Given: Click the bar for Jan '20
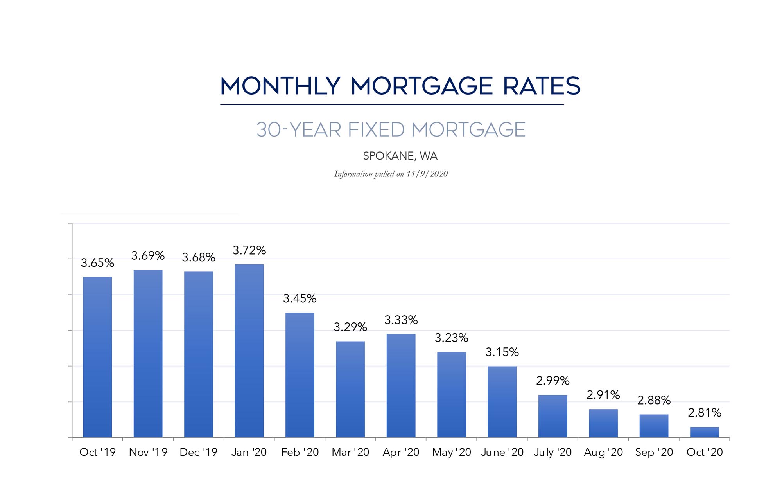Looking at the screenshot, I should pos(249,351).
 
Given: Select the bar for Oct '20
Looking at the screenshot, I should pos(704,432).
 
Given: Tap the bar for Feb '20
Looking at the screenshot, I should pos(300,375).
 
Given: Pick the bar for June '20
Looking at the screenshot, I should pos(502,402).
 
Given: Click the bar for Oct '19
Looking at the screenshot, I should pos(97,357).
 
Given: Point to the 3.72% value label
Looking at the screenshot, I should pos(249,250).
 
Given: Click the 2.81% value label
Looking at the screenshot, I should pos(704,413).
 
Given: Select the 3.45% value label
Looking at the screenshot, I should pos(300,299).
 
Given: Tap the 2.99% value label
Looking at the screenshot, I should pos(552,381).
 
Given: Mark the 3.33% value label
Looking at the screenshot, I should pos(401,320).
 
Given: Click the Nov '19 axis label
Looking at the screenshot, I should pos(148,452).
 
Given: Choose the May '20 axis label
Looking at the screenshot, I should pos(452,452).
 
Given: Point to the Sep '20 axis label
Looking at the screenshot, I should pos(654,452).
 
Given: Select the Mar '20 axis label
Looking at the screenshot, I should pos(350,452).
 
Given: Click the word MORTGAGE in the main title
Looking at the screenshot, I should pos(421,86).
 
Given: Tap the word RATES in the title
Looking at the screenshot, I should pos(542,86).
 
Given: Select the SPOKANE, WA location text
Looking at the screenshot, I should pos(400,156).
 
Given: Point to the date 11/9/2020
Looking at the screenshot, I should pos(427,174).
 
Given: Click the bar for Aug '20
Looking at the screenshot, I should pos(603,423).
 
